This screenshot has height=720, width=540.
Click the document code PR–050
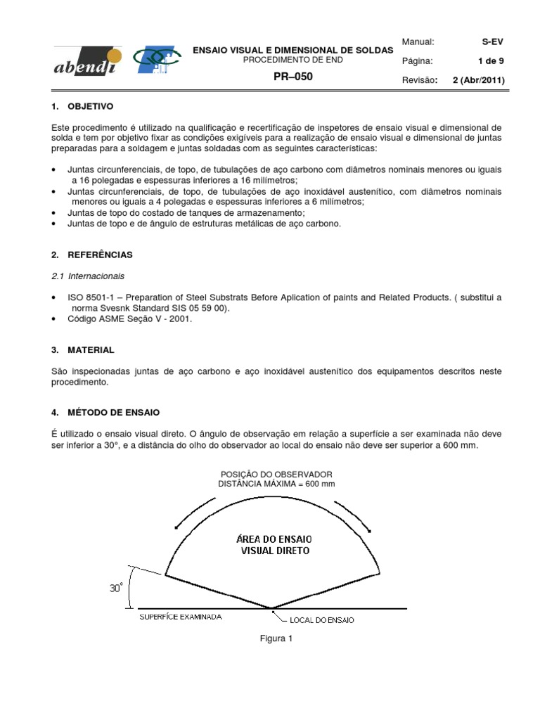tap(293, 77)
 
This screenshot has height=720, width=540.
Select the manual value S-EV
tap(492, 42)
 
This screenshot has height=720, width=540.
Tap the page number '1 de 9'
tap(491, 61)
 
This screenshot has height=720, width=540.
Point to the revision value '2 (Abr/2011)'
tap(478, 80)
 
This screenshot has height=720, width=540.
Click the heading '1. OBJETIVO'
tap(83, 107)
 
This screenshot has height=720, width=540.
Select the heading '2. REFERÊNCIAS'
tap(92, 255)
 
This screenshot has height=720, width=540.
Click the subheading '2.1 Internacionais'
tap(88, 276)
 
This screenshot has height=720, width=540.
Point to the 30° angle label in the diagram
tap(117, 588)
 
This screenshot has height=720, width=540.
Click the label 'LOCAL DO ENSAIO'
tap(322, 620)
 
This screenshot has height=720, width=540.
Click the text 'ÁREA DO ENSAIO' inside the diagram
tap(275, 538)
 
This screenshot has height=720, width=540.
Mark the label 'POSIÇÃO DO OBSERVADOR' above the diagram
tap(276, 475)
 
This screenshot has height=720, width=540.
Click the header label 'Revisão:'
tap(420, 80)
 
